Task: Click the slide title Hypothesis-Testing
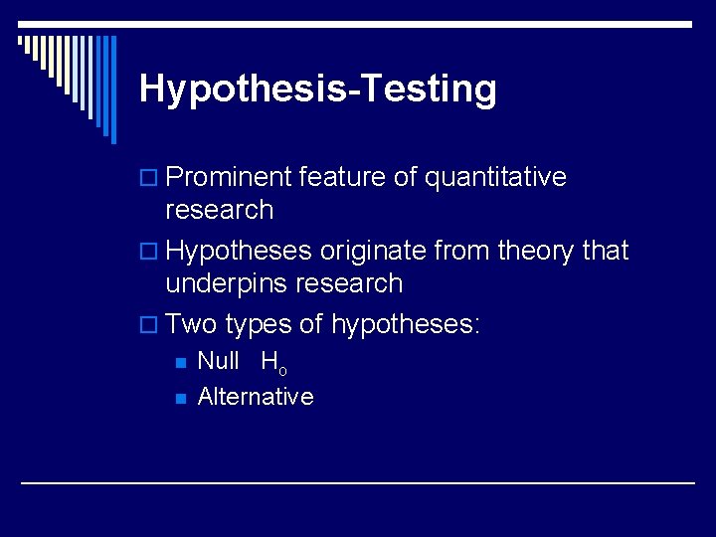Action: tap(318, 89)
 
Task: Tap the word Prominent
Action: tap(229, 177)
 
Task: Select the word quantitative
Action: tap(495, 177)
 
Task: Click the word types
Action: tap(259, 325)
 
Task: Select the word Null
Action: tap(219, 361)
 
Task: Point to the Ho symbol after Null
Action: tap(273, 363)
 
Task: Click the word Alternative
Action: tap(256, 396)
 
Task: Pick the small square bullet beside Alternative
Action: tap(180, 398)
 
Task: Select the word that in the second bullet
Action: tap(606, 251)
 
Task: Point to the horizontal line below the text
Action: tap(358, 483)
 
